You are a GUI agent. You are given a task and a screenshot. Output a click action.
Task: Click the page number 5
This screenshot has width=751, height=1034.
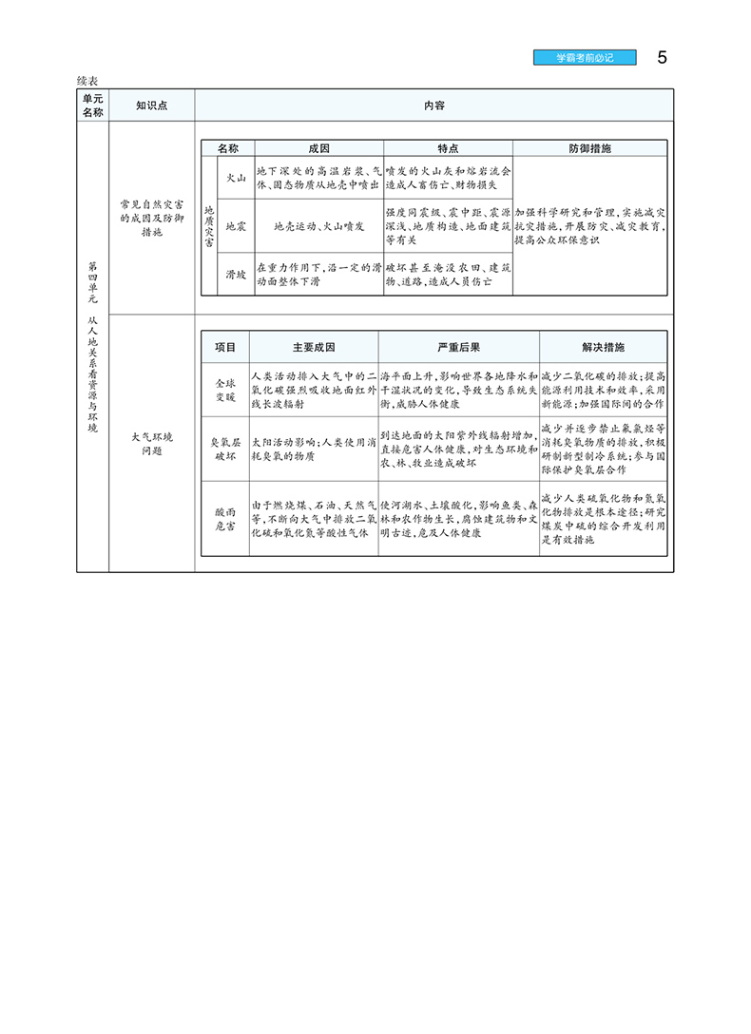point(662,57)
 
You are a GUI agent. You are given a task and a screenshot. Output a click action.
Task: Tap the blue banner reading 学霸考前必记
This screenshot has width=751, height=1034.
point(586,58)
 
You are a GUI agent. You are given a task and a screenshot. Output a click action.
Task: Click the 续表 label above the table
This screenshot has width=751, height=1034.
point(89,81)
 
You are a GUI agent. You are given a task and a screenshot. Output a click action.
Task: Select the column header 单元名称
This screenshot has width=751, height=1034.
point(92,105)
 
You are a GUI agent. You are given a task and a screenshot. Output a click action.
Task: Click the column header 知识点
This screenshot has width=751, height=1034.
point(151,105)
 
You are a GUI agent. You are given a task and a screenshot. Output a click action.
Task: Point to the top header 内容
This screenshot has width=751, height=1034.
point(433,105)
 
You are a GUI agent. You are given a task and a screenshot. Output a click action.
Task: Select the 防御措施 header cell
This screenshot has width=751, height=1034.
point(590,149)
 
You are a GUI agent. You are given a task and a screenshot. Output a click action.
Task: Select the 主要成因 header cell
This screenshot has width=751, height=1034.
point(313,347)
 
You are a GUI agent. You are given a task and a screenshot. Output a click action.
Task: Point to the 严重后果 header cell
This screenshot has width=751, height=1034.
point(458,347)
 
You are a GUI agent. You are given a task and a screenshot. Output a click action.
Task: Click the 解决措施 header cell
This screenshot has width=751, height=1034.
point(603,347)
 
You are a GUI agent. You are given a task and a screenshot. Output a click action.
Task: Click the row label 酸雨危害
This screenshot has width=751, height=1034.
point(225,519)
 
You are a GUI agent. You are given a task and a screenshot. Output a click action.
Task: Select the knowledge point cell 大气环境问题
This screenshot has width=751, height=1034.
point(151,444)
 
